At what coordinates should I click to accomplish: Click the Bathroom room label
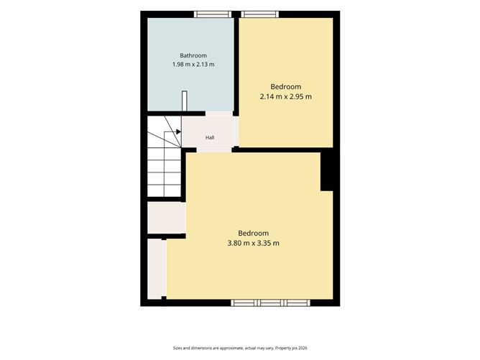(x=193, y=56)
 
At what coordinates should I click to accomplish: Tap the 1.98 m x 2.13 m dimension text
(x=193, y=65)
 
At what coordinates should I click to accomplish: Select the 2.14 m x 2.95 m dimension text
(x=286, y=97)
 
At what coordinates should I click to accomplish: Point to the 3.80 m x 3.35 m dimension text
(x=254, y=244)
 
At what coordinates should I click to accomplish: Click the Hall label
(x=210, y=138)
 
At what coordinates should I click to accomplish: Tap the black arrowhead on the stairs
(x=178, y=131)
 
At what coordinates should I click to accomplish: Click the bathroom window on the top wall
(x=213, y=14)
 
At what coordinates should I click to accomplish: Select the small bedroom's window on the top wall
(x=260, y=14)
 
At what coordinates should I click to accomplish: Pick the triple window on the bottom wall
(x=270, y=303)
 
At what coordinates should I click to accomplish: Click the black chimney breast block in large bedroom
(x=327, y=172)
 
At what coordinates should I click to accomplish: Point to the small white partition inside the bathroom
(x=184, y=101)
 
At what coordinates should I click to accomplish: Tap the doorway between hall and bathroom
(x=219, y=114)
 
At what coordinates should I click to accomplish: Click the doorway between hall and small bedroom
(x=236, y=131)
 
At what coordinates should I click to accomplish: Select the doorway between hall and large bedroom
(x=214, y=149)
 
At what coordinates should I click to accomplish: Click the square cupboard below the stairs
(x=166, y=217)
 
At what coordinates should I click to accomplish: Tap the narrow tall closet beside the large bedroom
(x=157, y=269)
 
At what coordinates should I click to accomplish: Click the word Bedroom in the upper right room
(x=286, y=87)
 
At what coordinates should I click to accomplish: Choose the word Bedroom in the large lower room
(x=254, y=234)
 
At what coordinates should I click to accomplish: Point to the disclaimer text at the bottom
(x=240, y=348)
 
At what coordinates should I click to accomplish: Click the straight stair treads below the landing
(x=165, y=172)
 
